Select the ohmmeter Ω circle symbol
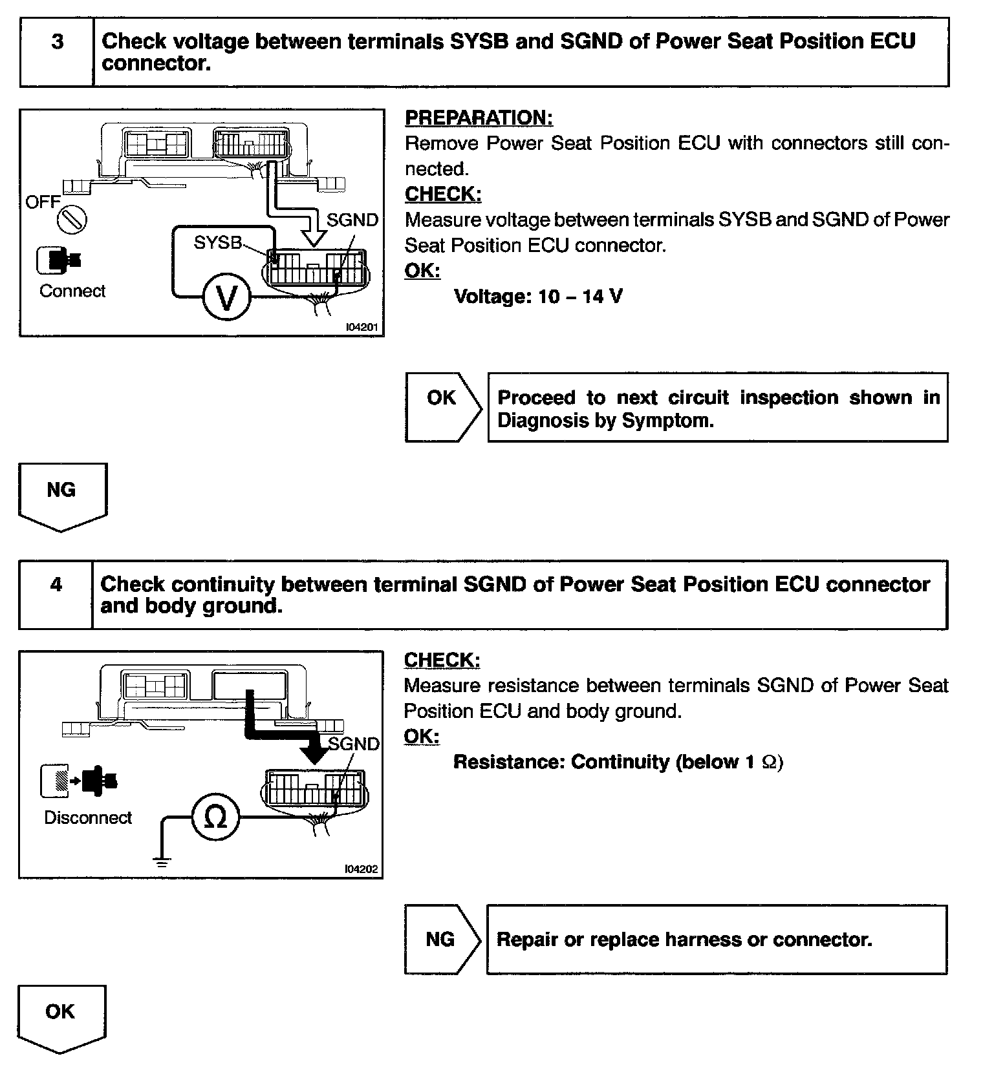[215, 818]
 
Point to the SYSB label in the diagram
[217, 242]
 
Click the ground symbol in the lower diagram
[162, 861]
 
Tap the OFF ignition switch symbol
[72, 220]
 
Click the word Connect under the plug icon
[72, 291]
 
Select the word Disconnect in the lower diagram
[88, 817]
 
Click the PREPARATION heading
[479, 118]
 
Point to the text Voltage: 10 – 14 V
[538, 297]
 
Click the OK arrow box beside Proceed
[442, 407]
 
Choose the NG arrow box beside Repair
[441, 939]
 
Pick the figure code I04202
[361, 869]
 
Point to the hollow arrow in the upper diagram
[314, 233]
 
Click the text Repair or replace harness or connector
[684, 939]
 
